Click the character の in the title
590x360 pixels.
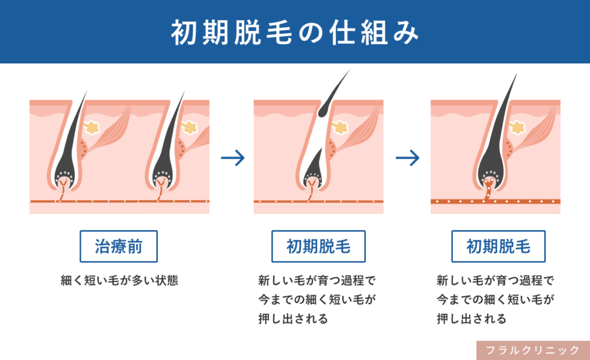coord(311,33)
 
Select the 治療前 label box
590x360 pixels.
coord(119,247)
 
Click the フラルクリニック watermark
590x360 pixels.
coord(533,350)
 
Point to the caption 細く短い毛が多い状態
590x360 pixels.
coord(119,281)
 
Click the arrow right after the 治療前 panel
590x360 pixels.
coord(233,158)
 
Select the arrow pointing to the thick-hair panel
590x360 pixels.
coord(407,158)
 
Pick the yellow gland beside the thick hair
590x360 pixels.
coord(518,127)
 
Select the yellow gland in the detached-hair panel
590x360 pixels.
coord(341,127)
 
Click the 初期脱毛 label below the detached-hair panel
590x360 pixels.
coord(318,247)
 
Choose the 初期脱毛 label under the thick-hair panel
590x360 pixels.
coord(498,247)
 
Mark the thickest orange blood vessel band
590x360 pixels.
coord(496,202)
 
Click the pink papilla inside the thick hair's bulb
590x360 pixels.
coord(489,184)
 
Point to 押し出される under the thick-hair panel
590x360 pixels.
coord(471,319)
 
